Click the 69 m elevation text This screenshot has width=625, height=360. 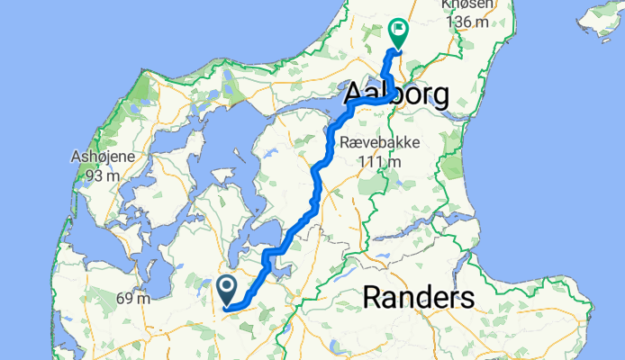132,298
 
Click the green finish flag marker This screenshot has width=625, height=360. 397,33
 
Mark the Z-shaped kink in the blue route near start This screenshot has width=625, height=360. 267,261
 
